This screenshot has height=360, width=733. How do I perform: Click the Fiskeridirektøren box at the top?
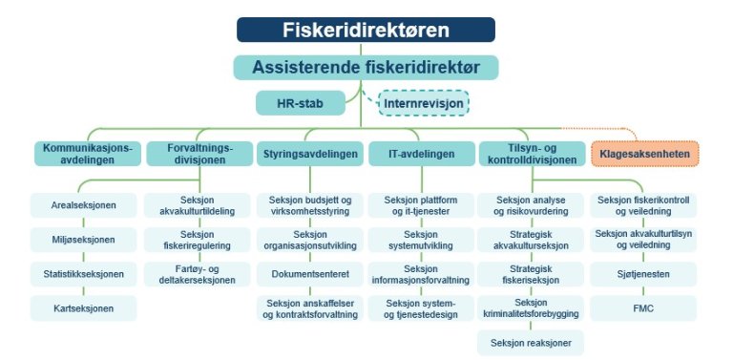366,30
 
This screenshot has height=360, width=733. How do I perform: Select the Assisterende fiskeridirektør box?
366,67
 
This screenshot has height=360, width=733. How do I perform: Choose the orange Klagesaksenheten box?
645,153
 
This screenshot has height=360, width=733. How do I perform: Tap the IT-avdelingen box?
420,153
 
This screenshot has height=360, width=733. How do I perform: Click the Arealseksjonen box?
83,204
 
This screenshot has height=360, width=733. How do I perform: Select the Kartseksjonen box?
83,308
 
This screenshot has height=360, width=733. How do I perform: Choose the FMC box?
644,308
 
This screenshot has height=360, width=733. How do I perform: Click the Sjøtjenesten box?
644,274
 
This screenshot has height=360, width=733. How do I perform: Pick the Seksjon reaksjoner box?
532,342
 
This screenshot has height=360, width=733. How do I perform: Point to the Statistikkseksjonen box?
83,274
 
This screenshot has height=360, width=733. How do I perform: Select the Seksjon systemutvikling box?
420,240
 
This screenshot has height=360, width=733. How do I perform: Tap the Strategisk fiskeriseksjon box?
532,274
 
